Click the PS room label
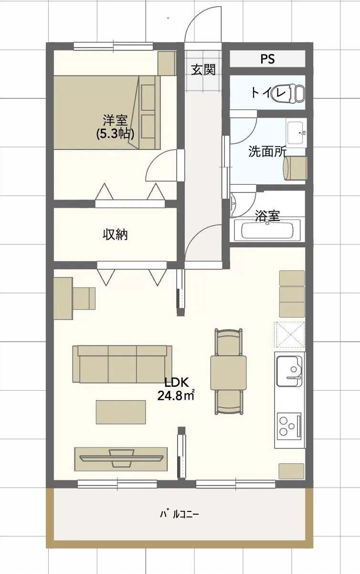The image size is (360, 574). click(x=267, y=59)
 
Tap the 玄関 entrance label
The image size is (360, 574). click(x=203, y=70)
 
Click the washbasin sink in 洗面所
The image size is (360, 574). click(x=296, y=133)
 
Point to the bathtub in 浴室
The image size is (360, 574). click(x=267, y=230)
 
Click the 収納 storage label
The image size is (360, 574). click(x=115, y=234)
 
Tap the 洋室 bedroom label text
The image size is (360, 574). click(x=115, y=121)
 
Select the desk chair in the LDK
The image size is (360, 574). click(x=84, y=298)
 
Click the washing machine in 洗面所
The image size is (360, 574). click(x=295, y=168)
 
